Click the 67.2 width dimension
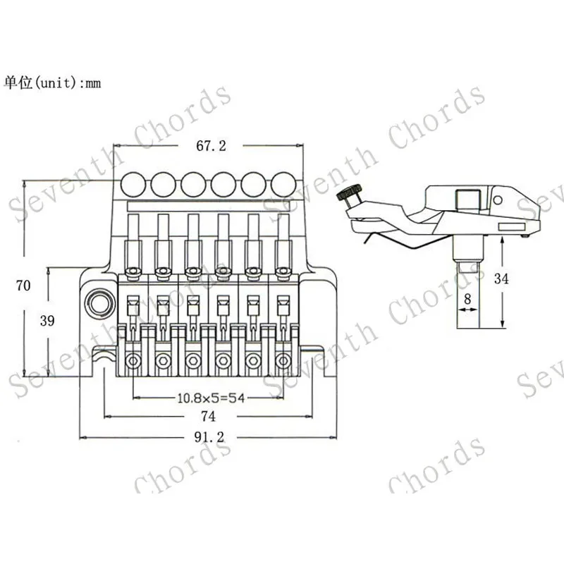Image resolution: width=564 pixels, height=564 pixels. [x=211, y=146]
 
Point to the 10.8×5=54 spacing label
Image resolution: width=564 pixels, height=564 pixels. [x=210, y=398]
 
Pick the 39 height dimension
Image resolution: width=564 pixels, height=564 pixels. [x=47, y=321]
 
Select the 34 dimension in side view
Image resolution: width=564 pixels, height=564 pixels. [x=501, y=278]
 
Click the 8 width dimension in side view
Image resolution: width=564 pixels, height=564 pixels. [x=467, y=298]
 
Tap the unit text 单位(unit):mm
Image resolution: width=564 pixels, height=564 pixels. [x=53, y=82]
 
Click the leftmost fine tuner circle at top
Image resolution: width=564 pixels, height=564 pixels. [x=133, y=185]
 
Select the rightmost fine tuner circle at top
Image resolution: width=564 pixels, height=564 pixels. [x=283, y=185]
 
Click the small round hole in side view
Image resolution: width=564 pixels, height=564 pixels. [x=498, y=200]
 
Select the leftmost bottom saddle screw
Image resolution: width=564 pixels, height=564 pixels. [x=133, y=361]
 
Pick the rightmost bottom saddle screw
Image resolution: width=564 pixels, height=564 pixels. [x=283, y=361]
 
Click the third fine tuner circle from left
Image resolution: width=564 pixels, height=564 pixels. [x=192, y=185]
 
